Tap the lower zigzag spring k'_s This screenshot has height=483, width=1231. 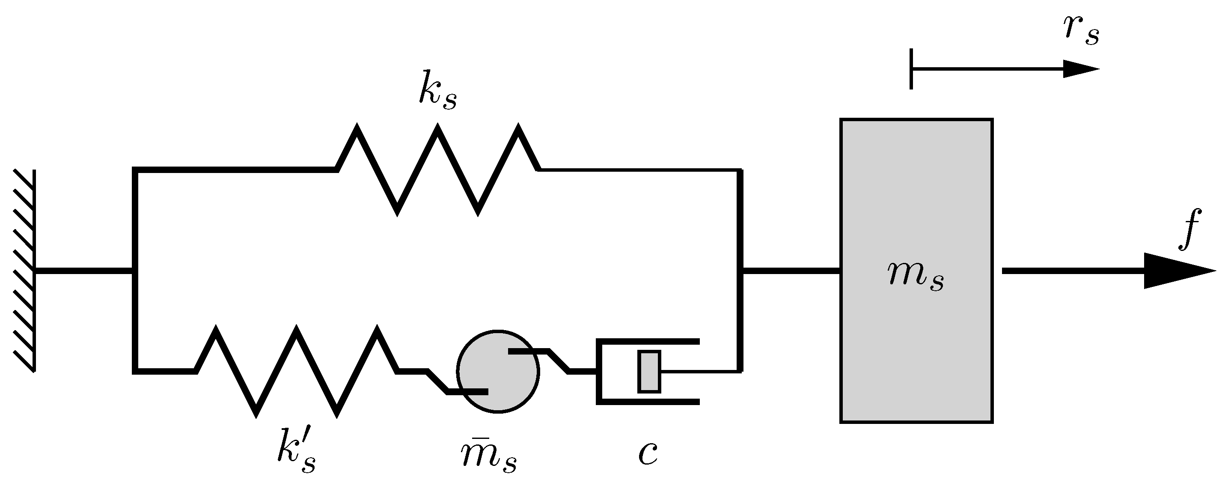296,371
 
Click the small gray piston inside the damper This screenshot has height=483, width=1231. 649,372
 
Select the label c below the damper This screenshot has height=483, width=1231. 648,453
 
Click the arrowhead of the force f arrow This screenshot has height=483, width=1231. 1175,271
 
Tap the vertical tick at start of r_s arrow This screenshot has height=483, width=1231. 911,69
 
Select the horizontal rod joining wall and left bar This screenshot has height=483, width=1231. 83,271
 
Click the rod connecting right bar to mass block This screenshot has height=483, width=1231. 791,271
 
